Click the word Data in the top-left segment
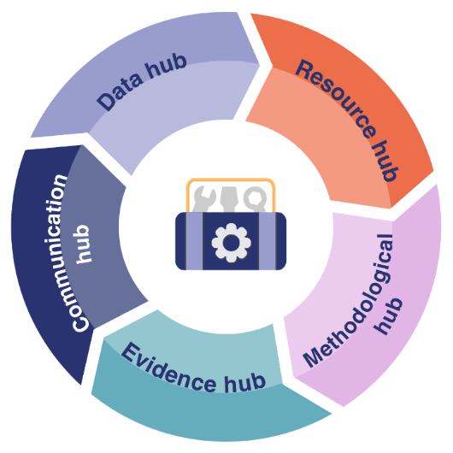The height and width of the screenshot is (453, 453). click(120, 92)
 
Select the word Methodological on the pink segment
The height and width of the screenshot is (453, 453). click(348, 301)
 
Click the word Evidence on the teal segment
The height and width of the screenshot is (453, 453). click(168, 368)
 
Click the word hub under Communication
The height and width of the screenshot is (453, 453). click(83, 244)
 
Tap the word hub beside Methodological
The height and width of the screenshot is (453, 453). click(388, 316)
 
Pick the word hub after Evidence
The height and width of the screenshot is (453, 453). click(245, 383)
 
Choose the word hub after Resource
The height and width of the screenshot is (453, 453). click(385, 161)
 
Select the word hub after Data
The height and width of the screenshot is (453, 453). click(166, 66)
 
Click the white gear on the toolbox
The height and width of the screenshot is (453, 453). click(231, 243)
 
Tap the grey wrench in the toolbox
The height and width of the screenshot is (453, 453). click(203, 199)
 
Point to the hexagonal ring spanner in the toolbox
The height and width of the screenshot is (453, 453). click(255, 199)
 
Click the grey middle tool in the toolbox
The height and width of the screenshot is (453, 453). click(229, 199)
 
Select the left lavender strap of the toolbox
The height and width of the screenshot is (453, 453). click(194, 241)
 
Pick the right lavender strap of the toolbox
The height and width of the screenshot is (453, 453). click(268, 241)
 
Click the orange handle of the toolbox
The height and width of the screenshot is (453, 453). click(231, 180)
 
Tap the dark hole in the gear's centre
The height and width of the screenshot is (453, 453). click(231, 243)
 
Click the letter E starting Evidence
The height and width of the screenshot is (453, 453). click(131, 352)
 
